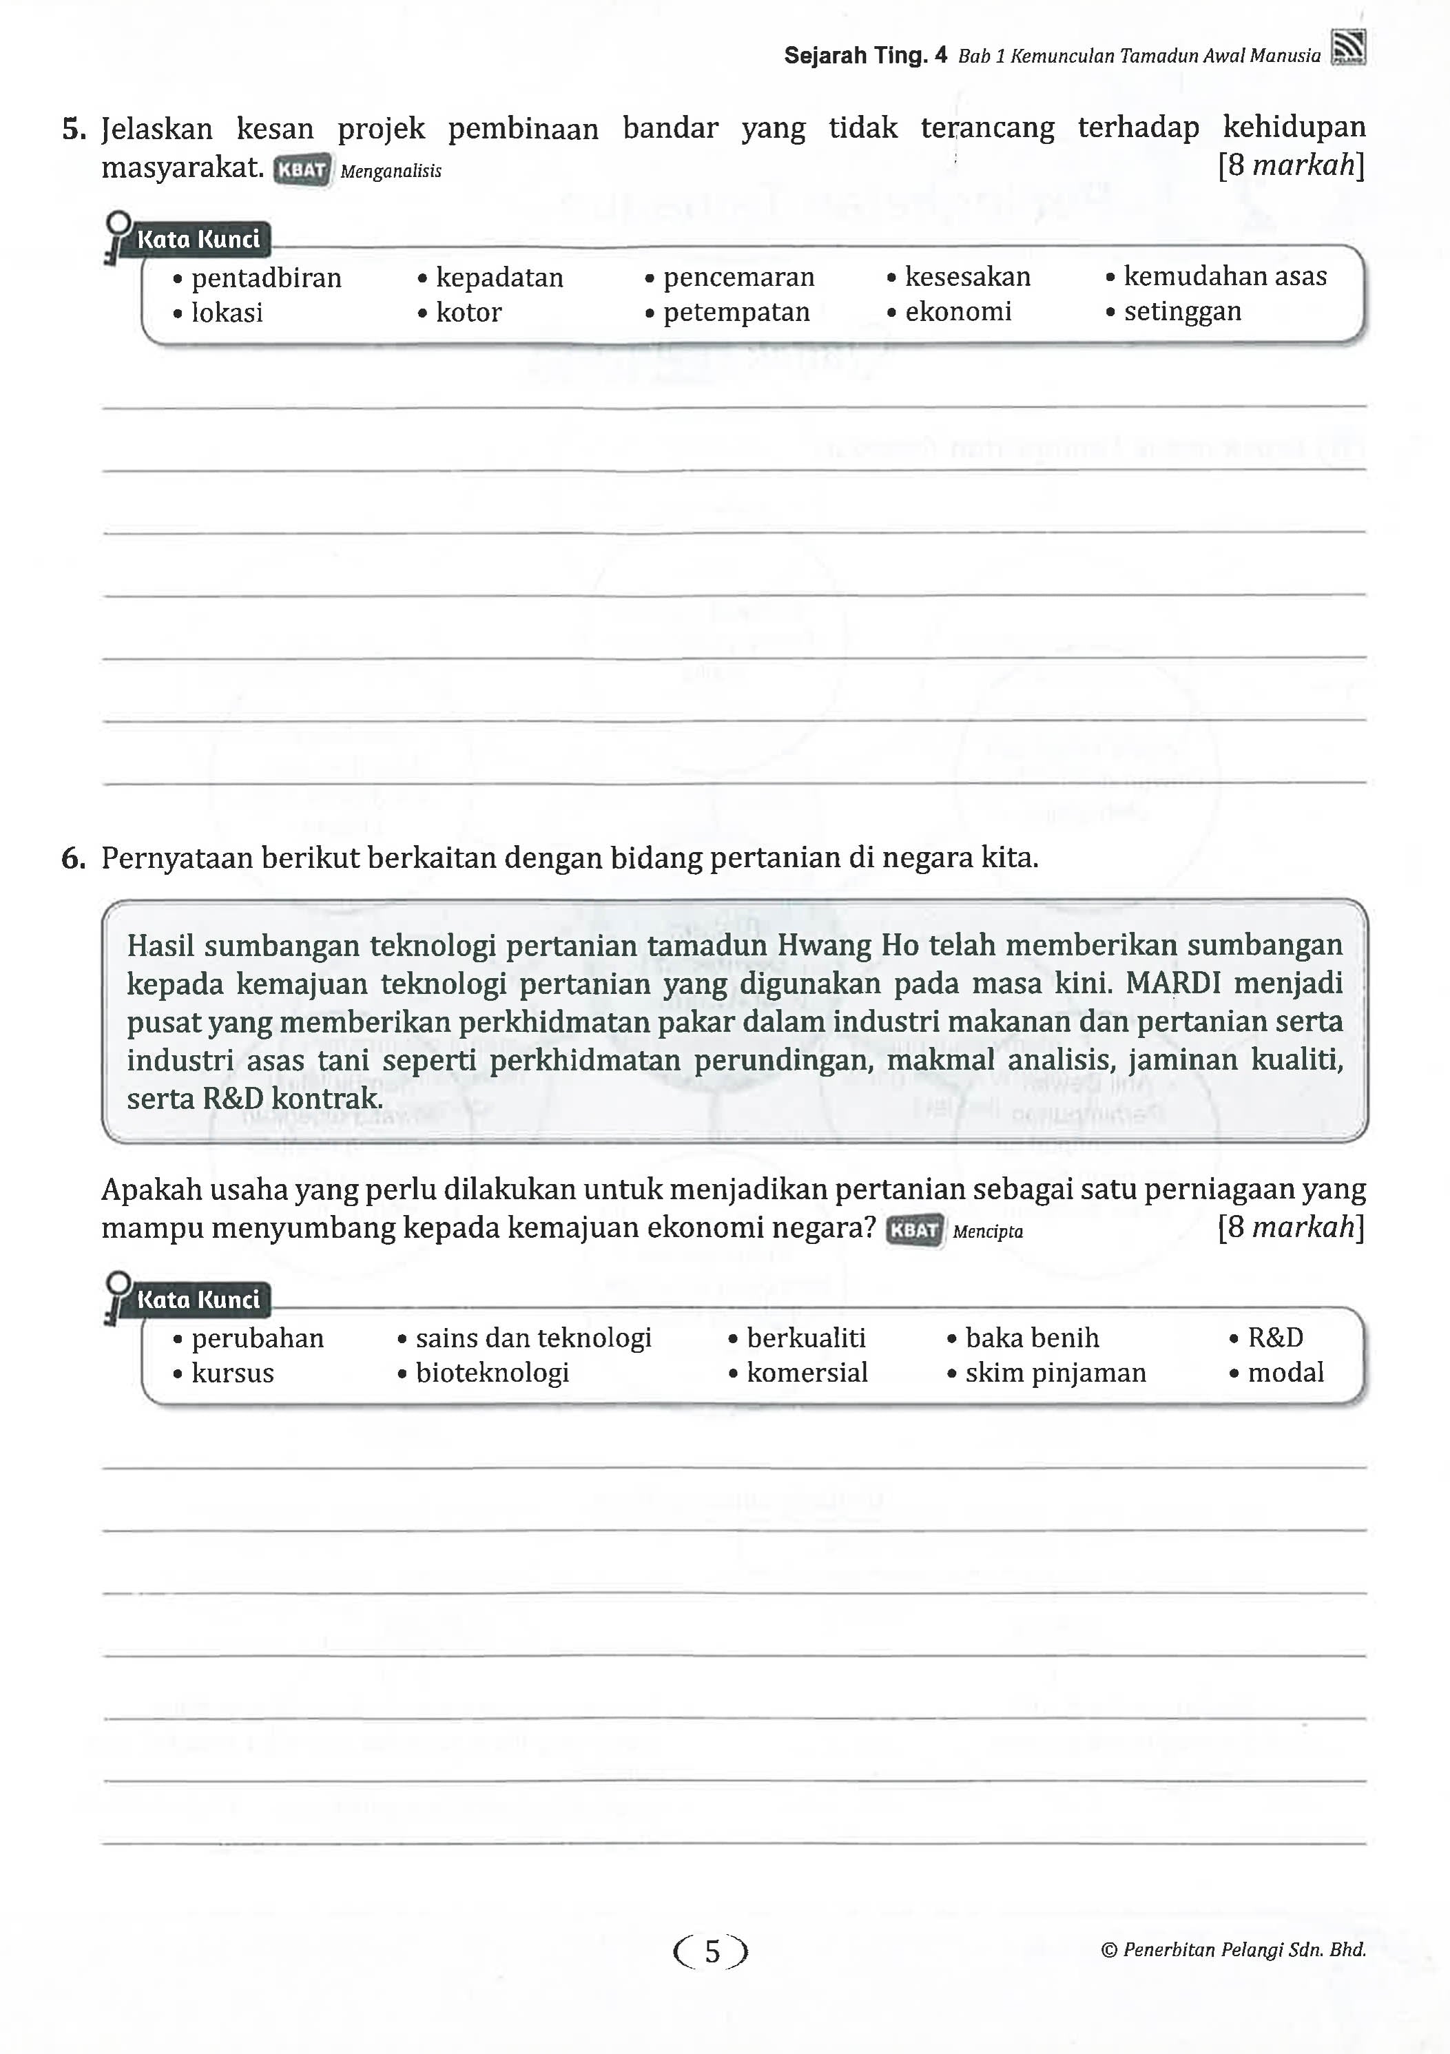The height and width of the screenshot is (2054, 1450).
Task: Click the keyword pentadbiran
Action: [x=266, y=278]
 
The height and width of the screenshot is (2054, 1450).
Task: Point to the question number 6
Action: [x=73, y=859]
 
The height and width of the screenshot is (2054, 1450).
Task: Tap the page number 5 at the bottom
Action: [x=711, y=1951]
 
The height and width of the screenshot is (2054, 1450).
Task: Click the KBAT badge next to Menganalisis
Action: [x=302, y=170]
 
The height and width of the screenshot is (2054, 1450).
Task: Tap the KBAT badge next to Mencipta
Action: [x=914, y=1230]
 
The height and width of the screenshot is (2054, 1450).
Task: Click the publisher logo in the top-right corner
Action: [x=1348, y=48]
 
